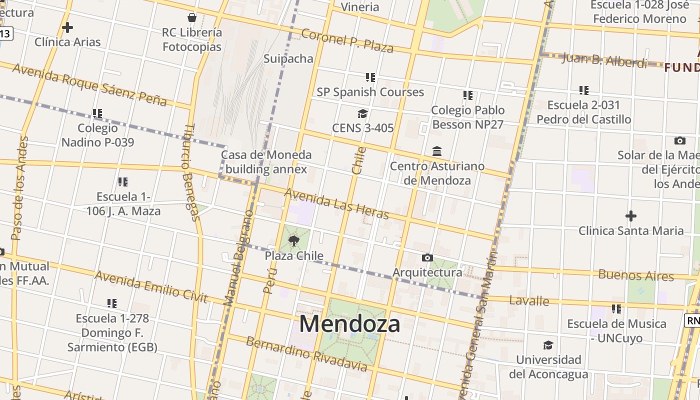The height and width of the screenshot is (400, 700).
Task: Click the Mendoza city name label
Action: tap(349, 324)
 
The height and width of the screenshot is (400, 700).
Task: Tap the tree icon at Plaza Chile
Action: tap(294, 241)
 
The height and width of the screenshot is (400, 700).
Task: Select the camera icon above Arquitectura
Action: tap(427, 257)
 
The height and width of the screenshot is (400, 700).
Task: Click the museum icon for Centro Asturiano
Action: tap(437, 151)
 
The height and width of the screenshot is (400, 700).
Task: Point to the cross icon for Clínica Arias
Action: tap(67, 27)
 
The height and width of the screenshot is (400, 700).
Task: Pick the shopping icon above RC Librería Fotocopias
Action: tap(192, 18)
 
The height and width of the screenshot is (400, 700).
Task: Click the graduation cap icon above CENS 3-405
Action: tap(362, 114)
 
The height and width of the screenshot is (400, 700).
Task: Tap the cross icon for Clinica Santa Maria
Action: tap(631, 216)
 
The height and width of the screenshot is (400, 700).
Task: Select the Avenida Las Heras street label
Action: tap(336, 203)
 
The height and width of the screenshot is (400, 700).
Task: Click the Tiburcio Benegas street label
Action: tap(190, 172)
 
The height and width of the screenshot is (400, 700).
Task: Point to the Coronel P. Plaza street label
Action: tap(347, 40)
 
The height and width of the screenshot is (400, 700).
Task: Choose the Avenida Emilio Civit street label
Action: tap(150, 287)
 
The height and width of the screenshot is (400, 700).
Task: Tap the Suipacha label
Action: tap(288, 58)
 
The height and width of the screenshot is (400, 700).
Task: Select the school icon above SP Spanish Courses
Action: tap(370, 77)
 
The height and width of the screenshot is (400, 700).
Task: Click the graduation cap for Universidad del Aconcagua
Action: tap(548, 345)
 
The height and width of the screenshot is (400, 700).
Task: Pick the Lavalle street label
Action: tap(529, 300)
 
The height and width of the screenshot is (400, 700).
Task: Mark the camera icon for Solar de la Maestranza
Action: tap(679, 140)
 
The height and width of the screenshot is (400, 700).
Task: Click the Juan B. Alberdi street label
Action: tap(604, 59)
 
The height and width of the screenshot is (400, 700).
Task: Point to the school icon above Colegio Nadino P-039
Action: tap(97, 113)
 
